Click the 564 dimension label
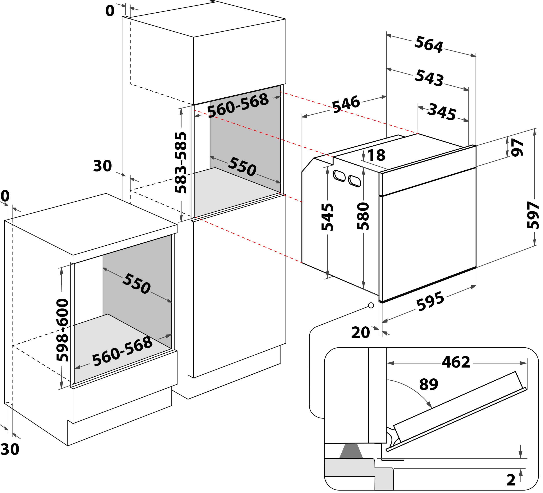[429, 45]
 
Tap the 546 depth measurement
[346, 104]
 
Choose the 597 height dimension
[533, 215]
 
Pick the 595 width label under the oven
[430, 301]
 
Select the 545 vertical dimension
[327, 217]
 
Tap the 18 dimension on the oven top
[376, 155]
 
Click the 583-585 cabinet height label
[180, 162]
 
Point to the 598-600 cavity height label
[62, 330]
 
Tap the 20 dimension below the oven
[360, 332]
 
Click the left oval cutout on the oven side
[339, 176]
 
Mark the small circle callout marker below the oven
[371, 305]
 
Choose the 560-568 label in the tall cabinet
[238, 106]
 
